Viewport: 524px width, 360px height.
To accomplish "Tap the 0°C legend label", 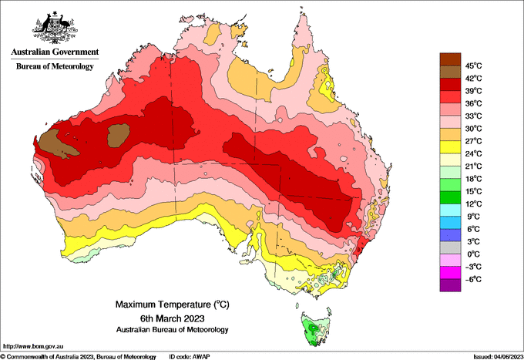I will tap(472, 254).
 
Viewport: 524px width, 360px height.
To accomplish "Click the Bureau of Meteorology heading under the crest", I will tap(55, 66).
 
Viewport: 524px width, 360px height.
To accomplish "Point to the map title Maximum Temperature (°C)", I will tap(160, 305).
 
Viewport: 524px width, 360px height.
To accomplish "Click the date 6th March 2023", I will tap(160, 318).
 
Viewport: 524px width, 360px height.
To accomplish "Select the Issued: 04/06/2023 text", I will tap(493, 355).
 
